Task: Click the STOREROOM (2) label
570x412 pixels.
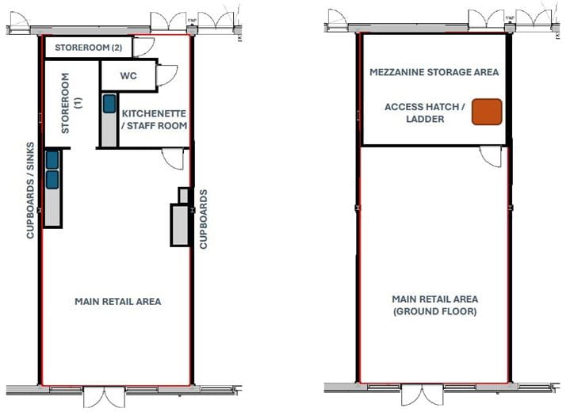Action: coord(88,48)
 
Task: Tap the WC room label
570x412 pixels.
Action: coord(129,77)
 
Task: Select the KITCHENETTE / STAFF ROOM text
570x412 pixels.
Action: coord(155,120)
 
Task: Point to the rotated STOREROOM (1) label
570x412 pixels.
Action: coord(72,102)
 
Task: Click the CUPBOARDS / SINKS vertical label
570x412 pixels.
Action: coord(30,187)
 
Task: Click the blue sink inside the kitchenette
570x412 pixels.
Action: coord(108,104)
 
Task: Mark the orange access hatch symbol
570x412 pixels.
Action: coord(488,112)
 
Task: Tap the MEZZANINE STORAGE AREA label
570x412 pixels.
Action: coord(434,72)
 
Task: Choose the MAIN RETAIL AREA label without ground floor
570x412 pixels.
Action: coord(118,301)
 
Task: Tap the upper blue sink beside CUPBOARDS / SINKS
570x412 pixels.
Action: coord(52,160)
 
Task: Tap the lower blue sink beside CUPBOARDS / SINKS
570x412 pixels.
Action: coord(52,180)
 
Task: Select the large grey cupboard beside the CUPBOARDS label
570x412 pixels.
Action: coord(178,224)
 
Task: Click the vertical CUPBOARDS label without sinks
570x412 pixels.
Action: coord(204,219)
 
